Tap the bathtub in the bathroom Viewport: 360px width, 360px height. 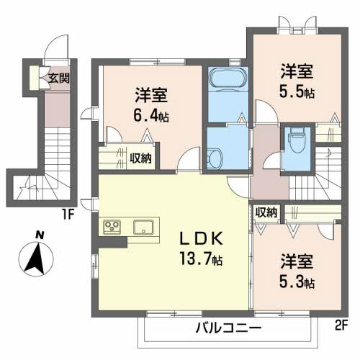(226, 78)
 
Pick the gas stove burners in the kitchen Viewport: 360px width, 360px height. (113, 228)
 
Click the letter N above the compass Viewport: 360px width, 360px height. (40, 234)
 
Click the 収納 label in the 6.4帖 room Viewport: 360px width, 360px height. (140, 158)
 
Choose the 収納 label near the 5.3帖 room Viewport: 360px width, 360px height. (266, 212)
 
